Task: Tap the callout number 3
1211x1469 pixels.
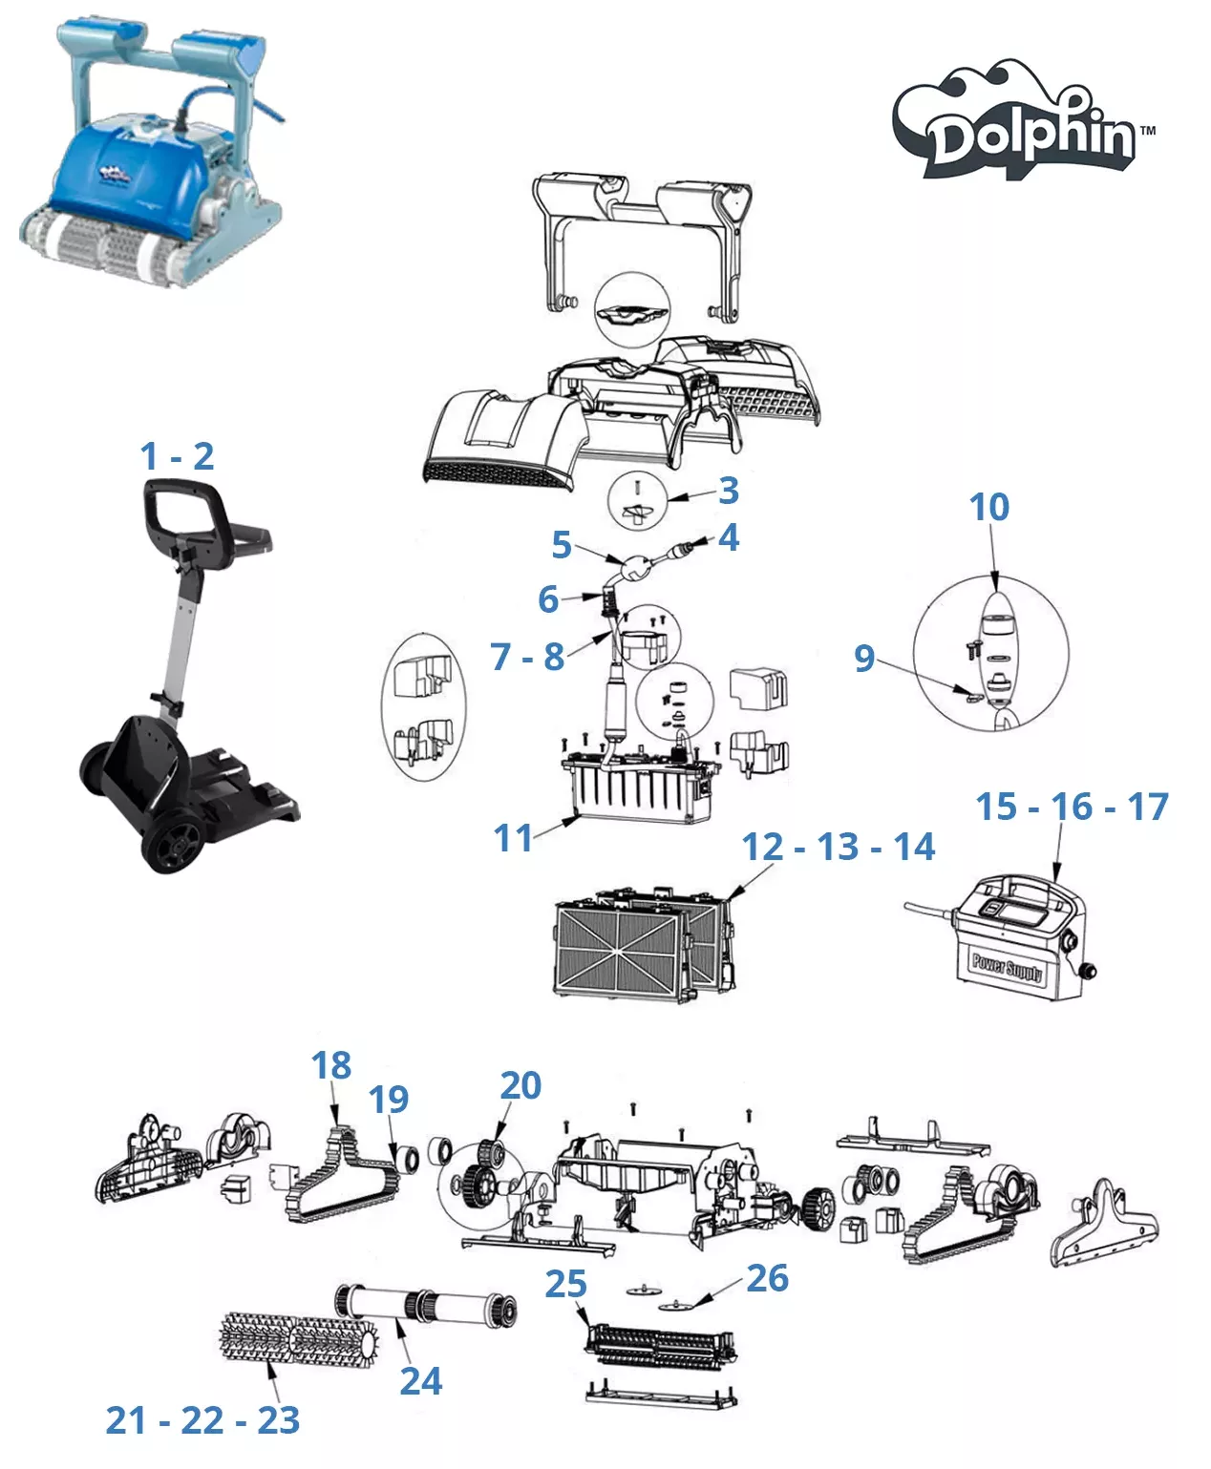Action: tap(729, 491)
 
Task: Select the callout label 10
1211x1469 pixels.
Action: tap(989, 507)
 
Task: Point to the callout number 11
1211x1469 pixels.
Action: tap(513, 838)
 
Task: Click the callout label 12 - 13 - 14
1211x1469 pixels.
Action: tap(839, 847)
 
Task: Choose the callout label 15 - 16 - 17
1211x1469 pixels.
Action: tap(1073, 807)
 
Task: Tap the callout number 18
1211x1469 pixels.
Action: tap(331, 1065)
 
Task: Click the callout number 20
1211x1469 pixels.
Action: tap(521, 1085)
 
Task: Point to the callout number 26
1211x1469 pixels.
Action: tap(768, 1278)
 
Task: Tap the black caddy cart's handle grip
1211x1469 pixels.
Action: tap(184, 493)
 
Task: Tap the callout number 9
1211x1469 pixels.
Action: tap(864, 658)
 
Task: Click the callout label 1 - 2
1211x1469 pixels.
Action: tap(178, 456)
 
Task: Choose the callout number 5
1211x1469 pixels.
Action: tap(562, 544)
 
